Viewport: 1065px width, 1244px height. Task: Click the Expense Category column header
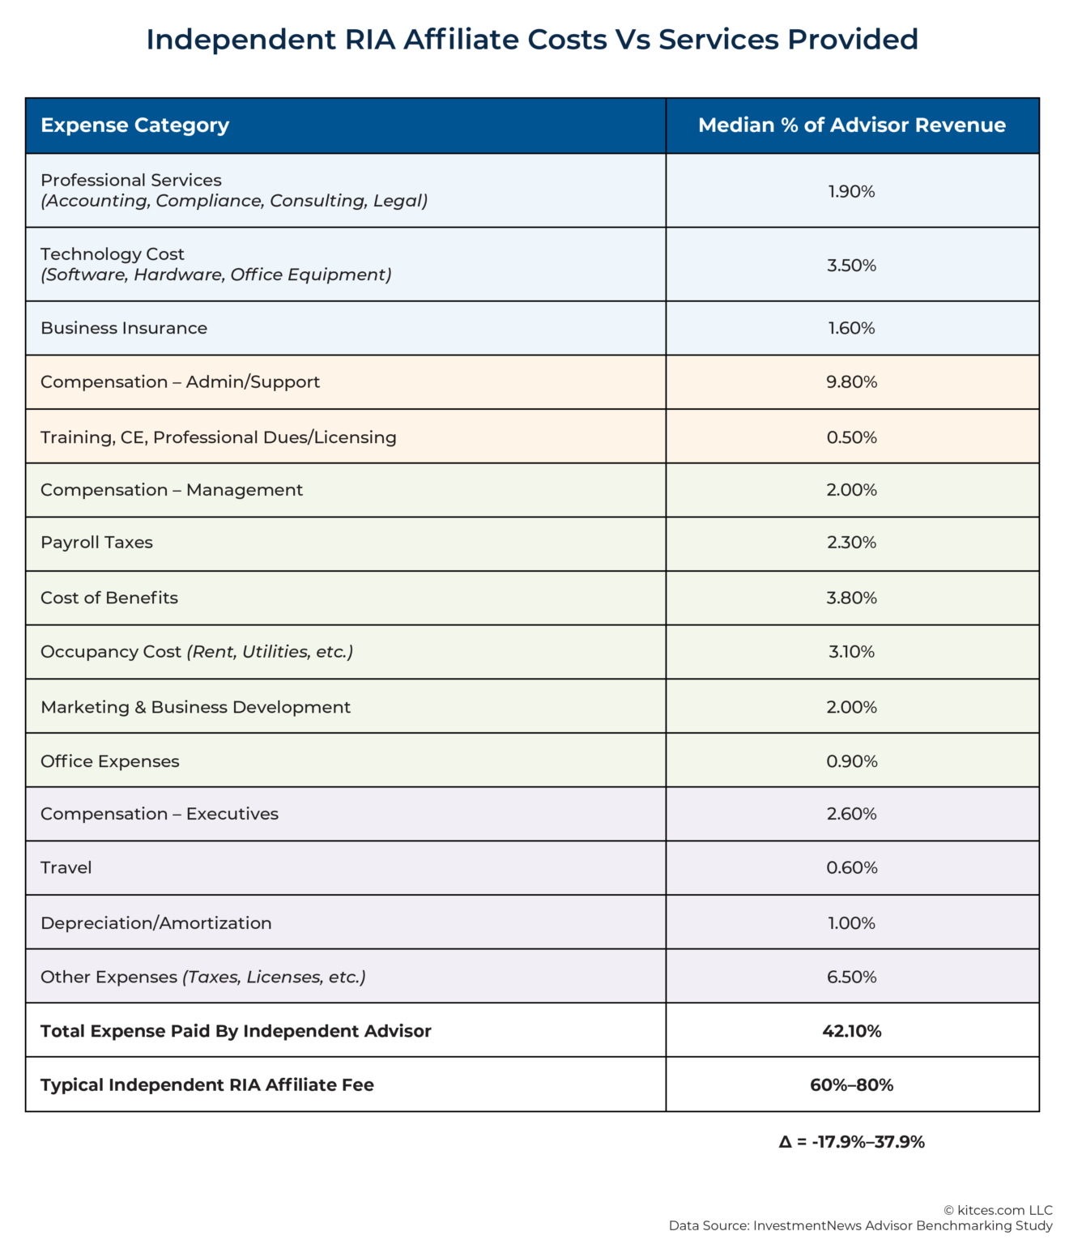[x=134, y=126]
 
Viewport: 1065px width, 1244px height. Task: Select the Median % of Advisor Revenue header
[x=851, y=126]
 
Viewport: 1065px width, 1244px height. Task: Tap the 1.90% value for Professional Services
[x=851, y=192]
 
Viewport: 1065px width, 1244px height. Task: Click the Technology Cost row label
[x=113, y=254]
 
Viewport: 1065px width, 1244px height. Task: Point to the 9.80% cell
[x=851, y=382]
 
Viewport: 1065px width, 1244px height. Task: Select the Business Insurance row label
[x=124, y=328]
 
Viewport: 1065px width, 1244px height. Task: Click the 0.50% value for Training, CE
[x=851, y=437]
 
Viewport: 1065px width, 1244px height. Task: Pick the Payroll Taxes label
[x=96, y=543]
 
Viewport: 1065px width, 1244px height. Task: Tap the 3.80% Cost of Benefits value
[x=851, y=598]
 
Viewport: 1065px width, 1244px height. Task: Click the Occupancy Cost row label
[x=111, y=652]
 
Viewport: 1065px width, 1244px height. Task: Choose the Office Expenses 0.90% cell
[x=851, y=761]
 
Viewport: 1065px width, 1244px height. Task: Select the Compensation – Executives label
[x=160, y=814]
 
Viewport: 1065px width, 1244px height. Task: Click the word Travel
[x=66, y=868]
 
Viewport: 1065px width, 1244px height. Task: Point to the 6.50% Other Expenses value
[x=851, y=978]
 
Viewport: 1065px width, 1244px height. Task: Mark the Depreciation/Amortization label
[x=155, y=923]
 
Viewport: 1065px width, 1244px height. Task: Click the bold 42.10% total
[x=851, y=1031]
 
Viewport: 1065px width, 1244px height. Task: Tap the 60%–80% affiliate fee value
[x=851, y=1085]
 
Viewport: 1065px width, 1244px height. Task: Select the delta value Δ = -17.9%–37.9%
[x=851, y=1142]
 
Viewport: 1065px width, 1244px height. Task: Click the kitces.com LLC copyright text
[x=998, y=1210]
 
